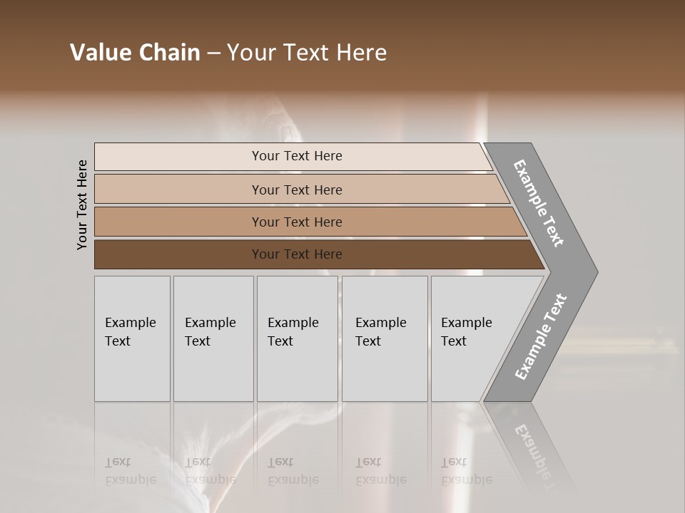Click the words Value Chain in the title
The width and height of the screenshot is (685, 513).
[135, 53]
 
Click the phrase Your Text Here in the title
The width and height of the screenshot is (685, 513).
[307, 53]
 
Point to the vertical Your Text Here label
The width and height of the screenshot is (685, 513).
[82, 204]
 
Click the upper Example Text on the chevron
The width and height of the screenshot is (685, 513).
[539, 203]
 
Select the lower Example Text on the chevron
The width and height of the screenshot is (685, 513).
[540, 336]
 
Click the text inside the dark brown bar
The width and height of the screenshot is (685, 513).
[297, 254]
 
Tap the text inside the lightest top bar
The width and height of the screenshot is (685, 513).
[297, 156]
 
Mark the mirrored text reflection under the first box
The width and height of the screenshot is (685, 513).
[130, 471]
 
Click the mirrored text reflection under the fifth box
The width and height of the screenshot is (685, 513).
[466, 471]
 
